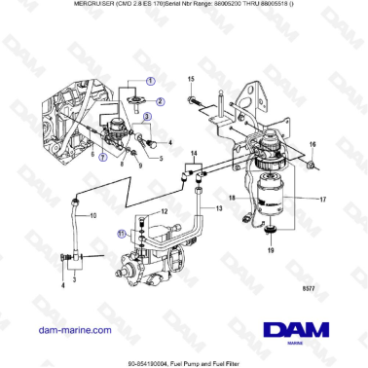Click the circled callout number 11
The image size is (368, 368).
point(123,233)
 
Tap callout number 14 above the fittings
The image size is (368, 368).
point(196,154)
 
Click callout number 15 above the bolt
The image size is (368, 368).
point(192,77)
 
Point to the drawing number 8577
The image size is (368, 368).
point(335,287)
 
